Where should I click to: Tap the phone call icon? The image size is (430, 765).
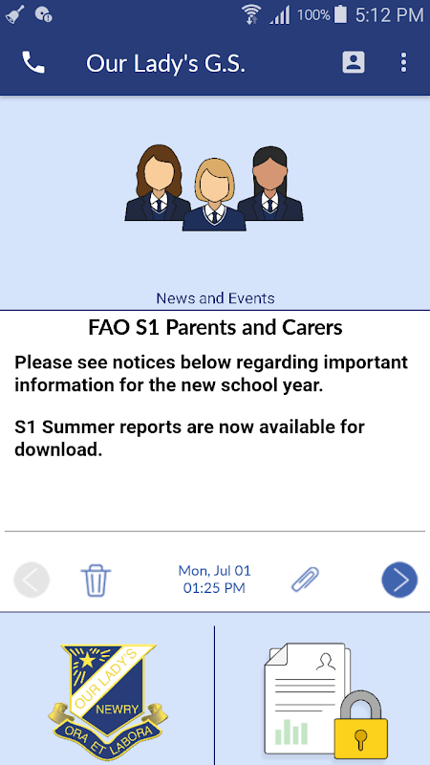point(33,63)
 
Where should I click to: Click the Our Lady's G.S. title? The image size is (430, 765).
point(165,63)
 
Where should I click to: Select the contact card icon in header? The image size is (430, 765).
point(354,62)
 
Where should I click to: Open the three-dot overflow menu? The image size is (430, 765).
point(403,63)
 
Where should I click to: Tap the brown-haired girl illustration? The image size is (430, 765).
point(156,184)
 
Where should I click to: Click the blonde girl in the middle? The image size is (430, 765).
point(214,194)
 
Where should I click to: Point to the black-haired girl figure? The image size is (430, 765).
point(271,184)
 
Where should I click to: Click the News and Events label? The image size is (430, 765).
point(215,298)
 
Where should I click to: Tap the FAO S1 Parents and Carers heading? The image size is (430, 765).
point(215,327)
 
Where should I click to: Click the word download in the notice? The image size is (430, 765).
point(58,449)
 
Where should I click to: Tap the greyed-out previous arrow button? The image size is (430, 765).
point(32,579)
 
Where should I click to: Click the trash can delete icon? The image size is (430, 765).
point(97,580)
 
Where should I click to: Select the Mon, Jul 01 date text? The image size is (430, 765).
point(214,570)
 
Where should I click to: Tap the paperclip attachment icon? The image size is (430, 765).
point(305,579)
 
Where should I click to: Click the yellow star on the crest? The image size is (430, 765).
point(87,660)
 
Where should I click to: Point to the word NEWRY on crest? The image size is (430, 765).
point(118,709)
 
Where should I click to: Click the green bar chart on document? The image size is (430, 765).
point(291,732)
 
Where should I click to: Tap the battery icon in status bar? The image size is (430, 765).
point(341,14)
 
